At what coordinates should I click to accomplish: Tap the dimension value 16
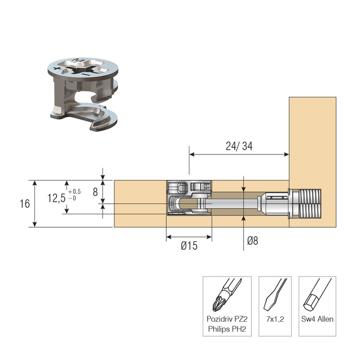24,203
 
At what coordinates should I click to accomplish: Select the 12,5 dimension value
56,198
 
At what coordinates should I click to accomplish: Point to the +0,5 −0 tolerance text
74,194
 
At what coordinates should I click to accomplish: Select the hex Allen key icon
315,296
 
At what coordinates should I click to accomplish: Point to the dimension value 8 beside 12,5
95,192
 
